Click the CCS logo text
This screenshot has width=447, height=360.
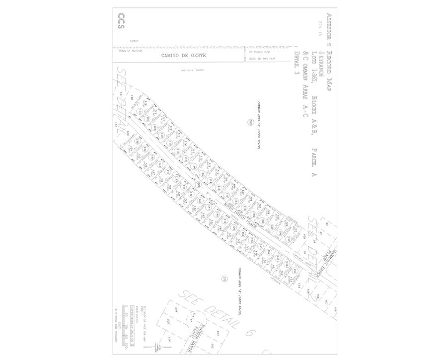(x=121, y=21)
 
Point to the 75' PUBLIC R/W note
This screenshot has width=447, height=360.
(x=259, y=51)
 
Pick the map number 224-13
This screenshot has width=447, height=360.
(x=320, y=30)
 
